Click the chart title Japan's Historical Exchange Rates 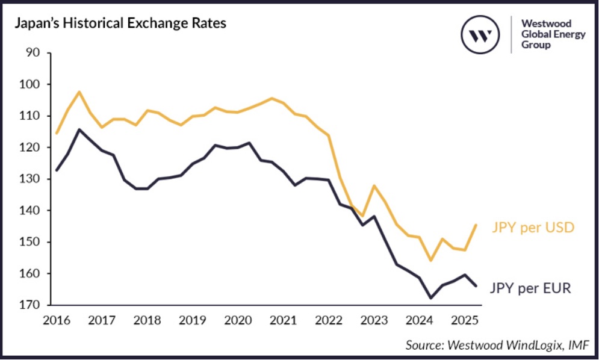120,25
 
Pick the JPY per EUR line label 529,288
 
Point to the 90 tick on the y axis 33,53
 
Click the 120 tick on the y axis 30,147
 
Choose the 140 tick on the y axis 30,211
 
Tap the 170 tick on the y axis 30,305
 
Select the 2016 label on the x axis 57,320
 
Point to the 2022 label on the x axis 330,320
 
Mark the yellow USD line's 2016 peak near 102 79,92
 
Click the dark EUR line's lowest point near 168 430,298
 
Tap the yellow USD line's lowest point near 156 430,261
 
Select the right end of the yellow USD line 476,225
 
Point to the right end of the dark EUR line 476,286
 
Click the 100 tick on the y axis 30,84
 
